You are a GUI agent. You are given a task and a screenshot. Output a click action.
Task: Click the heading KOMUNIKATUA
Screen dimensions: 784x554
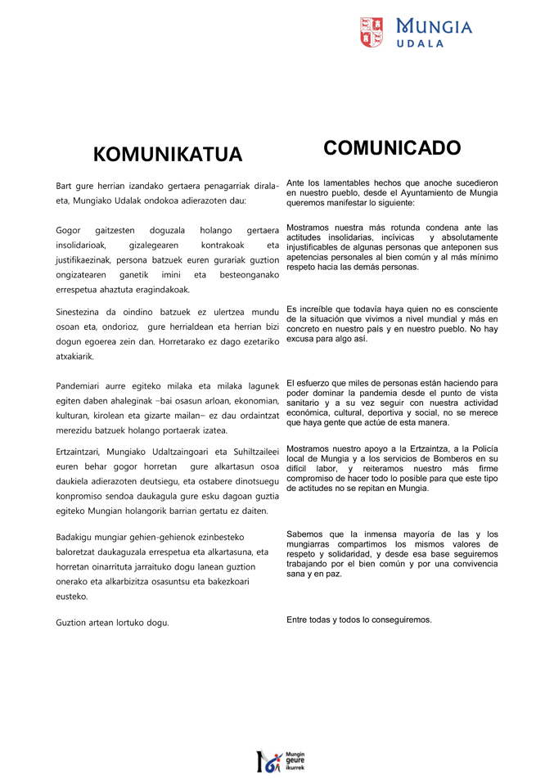coord(168,155)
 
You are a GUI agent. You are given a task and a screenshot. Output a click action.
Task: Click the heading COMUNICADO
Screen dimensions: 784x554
coord(392,148)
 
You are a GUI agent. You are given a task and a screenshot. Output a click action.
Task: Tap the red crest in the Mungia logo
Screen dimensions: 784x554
coord(372,32)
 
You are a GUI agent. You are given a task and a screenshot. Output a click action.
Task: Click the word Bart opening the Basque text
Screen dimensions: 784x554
coord(64,187)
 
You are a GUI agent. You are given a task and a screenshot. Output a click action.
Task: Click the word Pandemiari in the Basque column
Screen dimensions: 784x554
coord(79,386)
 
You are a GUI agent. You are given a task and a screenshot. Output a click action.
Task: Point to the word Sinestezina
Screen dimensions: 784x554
coord(83,312)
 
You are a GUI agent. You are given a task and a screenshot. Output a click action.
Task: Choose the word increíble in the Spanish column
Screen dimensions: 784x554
coord(315,309)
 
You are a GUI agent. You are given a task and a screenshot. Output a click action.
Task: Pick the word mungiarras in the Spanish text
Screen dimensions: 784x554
coord(313,544)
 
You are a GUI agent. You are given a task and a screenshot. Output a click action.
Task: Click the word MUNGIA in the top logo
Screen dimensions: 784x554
coord(434,26)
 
